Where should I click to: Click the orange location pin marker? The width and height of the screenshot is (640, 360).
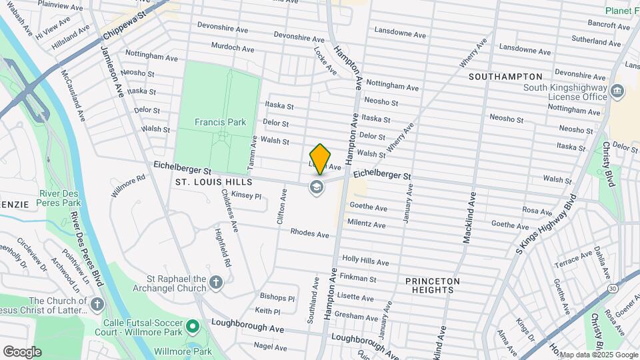pos(320,159)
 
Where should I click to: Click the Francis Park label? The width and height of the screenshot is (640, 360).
pos(220,122)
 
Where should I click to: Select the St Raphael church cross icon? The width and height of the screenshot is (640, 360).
pos(215,283)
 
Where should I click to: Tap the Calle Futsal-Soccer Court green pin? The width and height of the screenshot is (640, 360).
pos(193,326)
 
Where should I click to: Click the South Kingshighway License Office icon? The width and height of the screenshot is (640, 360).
pos(617,91)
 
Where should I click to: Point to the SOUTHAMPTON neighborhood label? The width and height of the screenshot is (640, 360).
pos(505,77)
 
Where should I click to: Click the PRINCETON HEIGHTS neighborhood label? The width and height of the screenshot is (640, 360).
pos(433,286)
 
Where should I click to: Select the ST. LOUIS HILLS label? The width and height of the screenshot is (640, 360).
pos(213,182)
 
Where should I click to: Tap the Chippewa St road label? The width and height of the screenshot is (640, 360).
pos(124,26)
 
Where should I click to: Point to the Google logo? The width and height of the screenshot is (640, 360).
pos(22,351)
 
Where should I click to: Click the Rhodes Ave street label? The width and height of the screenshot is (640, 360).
pos(309,234)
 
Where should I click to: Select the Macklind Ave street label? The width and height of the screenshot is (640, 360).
pos(469,217)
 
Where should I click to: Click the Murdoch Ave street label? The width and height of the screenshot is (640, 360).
pos(232,48)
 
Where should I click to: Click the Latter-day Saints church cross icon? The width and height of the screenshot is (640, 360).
pos(98,305)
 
